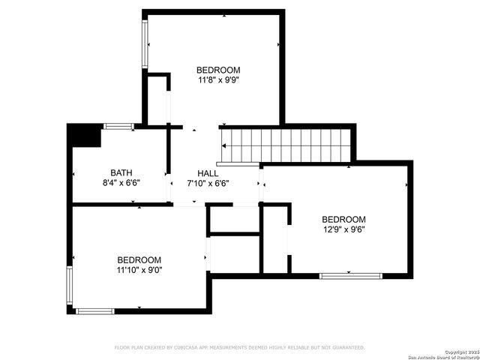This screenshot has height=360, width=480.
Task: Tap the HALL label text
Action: point(208,172)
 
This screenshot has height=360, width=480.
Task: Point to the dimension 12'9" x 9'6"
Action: point(344,229)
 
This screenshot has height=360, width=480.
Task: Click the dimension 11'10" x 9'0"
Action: point(139,270)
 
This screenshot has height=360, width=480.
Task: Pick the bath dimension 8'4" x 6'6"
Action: point(121,182)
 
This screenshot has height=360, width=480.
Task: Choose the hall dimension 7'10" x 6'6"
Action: point(208,182)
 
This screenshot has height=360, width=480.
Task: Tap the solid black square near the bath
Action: point(83,136)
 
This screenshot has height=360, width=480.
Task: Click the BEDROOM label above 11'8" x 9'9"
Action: point(218,67)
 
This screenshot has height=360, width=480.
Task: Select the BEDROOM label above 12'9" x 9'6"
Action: point(344,219)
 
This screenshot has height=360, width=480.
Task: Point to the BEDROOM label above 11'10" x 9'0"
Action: point(139,259)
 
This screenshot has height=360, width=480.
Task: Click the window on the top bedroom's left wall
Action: point(145,43)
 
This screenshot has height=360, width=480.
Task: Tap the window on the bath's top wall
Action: point(118,126)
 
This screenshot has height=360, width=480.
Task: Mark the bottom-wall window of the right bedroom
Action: point(351,276)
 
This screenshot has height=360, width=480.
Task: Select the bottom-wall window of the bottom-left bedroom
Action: point(95,310)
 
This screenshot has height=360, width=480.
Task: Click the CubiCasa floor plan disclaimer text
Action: point(240,347)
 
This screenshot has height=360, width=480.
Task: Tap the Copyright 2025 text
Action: point(460,352)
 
